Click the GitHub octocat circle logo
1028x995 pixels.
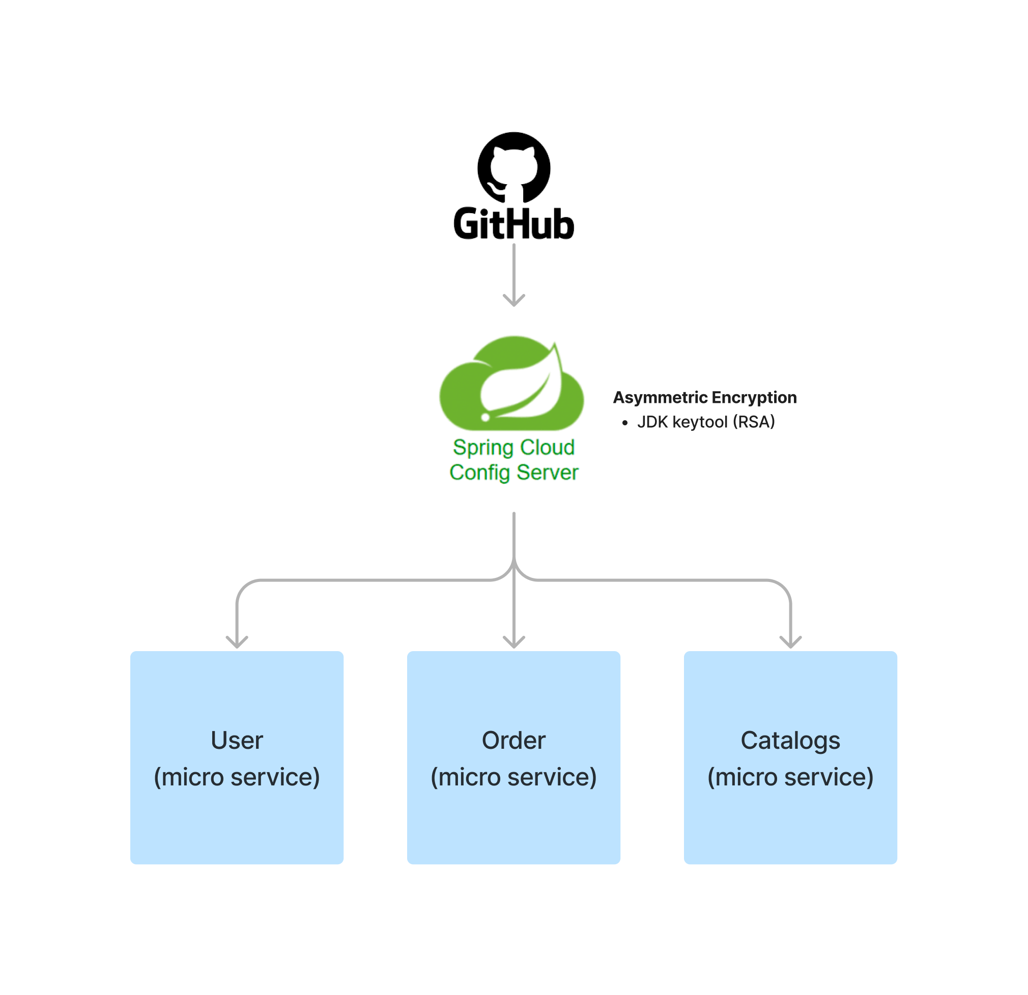513,167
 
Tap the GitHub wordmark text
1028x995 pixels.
513,224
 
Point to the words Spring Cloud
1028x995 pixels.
513,447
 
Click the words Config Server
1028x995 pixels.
513,473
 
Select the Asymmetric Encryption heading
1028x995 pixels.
704,397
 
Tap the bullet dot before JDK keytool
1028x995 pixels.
624,423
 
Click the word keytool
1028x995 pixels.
700,422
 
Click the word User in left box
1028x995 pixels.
237,740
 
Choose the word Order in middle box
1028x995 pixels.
513,740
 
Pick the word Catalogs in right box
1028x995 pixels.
790,740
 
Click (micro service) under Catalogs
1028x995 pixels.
790,777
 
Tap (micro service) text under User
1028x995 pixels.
237,777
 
